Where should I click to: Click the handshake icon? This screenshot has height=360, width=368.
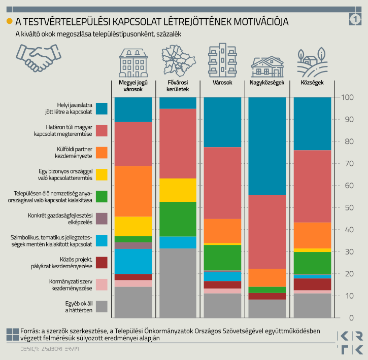click(x=39, y=58)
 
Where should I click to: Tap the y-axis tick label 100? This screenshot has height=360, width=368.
click(x=347, y=97)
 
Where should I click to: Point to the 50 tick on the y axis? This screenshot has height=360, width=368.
click(x=349, y=208)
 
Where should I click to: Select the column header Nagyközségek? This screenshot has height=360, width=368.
click(x=267, y=83)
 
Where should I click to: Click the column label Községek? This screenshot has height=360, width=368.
click(x=312, y=83)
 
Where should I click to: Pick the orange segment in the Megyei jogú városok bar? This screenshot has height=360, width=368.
click(x=133, y=191)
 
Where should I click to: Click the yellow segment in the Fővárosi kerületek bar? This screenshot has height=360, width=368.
click(x=178, y=190)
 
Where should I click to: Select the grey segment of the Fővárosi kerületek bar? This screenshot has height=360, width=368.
click(x=178, y=283)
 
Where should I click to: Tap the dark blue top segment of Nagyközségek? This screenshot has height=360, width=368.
click(x=267, y=146)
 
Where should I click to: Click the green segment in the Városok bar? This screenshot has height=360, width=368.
click(x=222, y=258)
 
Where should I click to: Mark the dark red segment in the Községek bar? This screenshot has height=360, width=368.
click(x=312, y=284)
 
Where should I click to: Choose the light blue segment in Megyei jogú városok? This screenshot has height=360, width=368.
click(x=133, y=262)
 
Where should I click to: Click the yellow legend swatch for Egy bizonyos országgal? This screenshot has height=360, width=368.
click(x=102, y=174)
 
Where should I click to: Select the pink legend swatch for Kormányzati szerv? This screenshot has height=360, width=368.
click(x=102, y=284)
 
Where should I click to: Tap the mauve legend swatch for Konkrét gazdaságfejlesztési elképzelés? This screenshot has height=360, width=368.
click(x=102, y=219)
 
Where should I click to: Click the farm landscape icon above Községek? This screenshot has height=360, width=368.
click(x=312, y=62)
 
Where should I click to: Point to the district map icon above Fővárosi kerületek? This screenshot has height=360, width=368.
click(x=178, y=61)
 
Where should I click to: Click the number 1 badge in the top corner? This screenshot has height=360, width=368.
click(x=355, y=19)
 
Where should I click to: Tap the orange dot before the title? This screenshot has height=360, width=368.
click(x=9, y=21)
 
